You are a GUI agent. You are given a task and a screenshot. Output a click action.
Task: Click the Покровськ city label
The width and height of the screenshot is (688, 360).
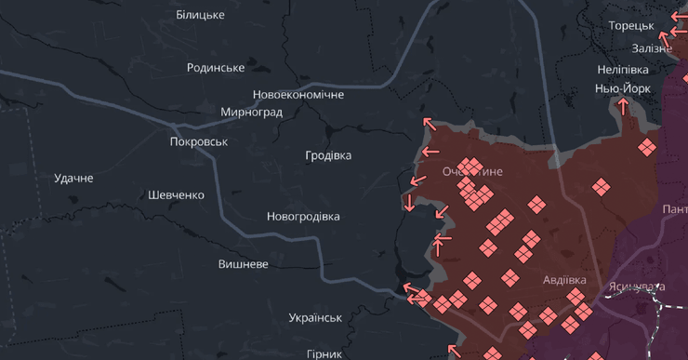[199, 142]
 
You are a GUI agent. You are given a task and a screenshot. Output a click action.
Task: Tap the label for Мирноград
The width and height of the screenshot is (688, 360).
[251, 113]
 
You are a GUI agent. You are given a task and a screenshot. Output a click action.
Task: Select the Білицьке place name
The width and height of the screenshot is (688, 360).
[200, 16]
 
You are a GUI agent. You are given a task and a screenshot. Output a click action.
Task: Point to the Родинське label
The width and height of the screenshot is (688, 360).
[216, 68]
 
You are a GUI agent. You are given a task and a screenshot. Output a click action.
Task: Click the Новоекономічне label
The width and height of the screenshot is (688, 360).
[298, 95]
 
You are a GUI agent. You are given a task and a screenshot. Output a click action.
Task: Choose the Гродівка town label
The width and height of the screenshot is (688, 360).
[328, 155]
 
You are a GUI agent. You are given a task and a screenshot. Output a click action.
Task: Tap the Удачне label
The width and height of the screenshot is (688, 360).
[73, 178]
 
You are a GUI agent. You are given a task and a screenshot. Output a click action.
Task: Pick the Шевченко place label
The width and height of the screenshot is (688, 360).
[176, 195]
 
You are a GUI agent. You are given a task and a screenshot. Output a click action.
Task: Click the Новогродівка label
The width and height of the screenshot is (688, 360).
[303, 217]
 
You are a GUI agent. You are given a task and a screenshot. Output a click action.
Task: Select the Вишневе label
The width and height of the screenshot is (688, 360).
[244, 264]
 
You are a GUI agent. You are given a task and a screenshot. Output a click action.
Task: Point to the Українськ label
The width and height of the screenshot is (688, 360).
[315, 318]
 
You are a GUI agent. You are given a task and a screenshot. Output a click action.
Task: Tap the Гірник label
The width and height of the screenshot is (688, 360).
[324, 354]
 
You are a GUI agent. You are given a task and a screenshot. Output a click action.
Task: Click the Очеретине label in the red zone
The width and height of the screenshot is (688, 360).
[472, 172]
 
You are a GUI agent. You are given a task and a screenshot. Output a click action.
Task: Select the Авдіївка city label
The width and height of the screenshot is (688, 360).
[564, 280]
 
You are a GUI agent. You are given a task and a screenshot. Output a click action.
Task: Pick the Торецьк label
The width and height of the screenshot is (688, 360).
[631, 26]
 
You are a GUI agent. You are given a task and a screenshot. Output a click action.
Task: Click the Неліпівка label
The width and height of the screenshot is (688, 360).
[623, 70]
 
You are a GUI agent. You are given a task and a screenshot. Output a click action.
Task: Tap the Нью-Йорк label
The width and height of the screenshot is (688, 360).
[623, 88]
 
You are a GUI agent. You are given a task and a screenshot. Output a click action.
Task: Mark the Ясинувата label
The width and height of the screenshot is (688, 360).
[637, 287]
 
